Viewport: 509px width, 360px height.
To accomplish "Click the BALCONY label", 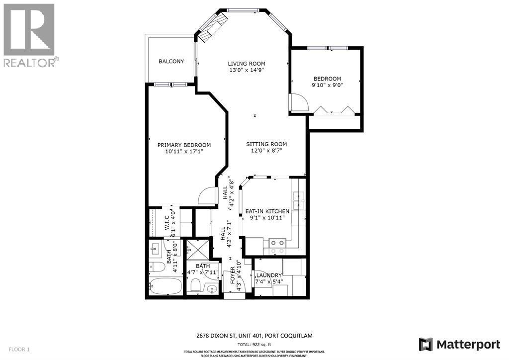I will [171, 62].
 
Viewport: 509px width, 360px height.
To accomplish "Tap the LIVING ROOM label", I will [247, 64].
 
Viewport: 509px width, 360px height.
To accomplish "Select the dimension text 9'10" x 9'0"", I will [327, 86].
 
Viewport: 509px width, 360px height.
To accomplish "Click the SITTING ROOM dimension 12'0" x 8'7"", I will [266, 151].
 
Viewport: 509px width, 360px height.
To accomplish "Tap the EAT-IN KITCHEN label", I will [267, 211].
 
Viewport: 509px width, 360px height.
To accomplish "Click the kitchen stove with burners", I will [276, 243].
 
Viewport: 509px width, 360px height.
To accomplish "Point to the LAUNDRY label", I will [269, 275].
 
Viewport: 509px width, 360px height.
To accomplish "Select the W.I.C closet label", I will [168, 222].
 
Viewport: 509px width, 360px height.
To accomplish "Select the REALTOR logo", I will [30, 35].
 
